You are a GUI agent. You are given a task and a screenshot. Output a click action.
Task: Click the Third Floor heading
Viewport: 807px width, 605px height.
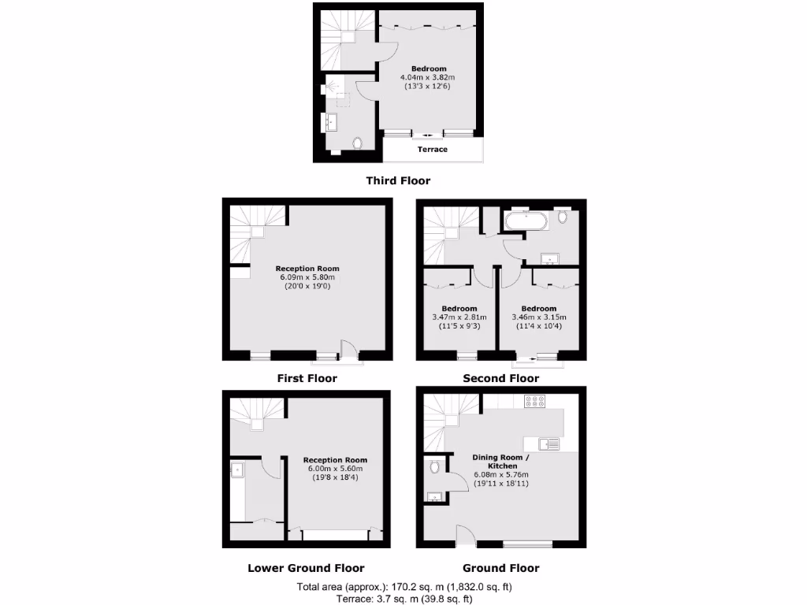click(398, 180)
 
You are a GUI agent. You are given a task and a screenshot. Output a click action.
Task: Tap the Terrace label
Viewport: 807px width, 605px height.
click(432, 150)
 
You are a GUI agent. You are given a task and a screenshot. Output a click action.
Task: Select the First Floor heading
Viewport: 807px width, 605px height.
click(307, 378)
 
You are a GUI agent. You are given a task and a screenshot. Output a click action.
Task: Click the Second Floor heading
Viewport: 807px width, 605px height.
click(500, 378)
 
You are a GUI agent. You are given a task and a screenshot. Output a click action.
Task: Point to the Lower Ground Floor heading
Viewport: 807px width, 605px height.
click(306, 568)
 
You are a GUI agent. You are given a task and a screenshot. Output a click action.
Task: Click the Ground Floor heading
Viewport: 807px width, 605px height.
click(500, 568)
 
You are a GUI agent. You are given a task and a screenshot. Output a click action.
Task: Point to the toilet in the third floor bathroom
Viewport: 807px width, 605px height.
click(359, 143)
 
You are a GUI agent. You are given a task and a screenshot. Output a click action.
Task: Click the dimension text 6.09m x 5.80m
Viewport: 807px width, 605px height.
click(307, 277)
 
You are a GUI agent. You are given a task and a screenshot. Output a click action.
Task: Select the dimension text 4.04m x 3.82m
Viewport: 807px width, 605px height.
click(428, 78)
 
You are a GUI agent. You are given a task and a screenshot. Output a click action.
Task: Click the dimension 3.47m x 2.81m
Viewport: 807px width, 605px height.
click(459, 317)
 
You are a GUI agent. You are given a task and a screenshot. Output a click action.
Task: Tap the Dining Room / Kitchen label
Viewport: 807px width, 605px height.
click(500, 462)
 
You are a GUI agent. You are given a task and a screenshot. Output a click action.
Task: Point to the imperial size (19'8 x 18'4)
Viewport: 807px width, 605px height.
click(335, 477)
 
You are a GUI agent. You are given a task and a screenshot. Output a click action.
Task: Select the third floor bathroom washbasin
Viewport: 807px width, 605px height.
click(330, 122)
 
